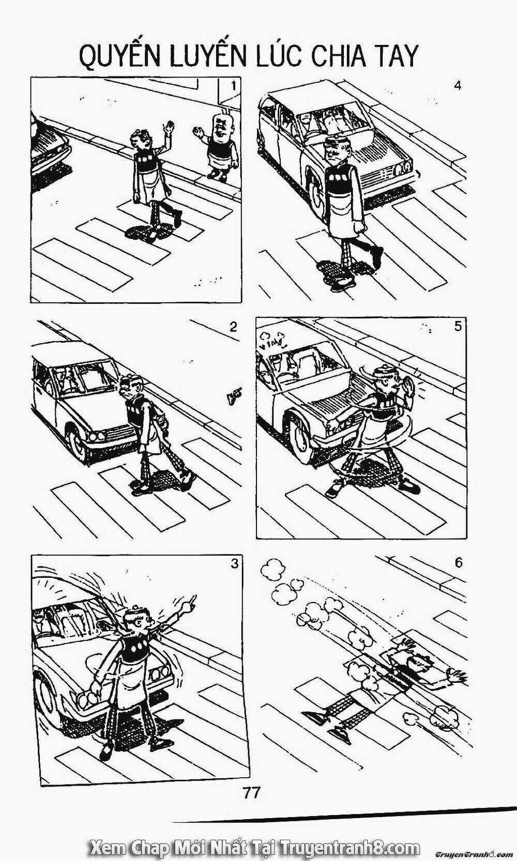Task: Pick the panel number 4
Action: [x=457, y=86]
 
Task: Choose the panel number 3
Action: [x=234, y=563]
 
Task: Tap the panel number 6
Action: [x=459, y=562]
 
